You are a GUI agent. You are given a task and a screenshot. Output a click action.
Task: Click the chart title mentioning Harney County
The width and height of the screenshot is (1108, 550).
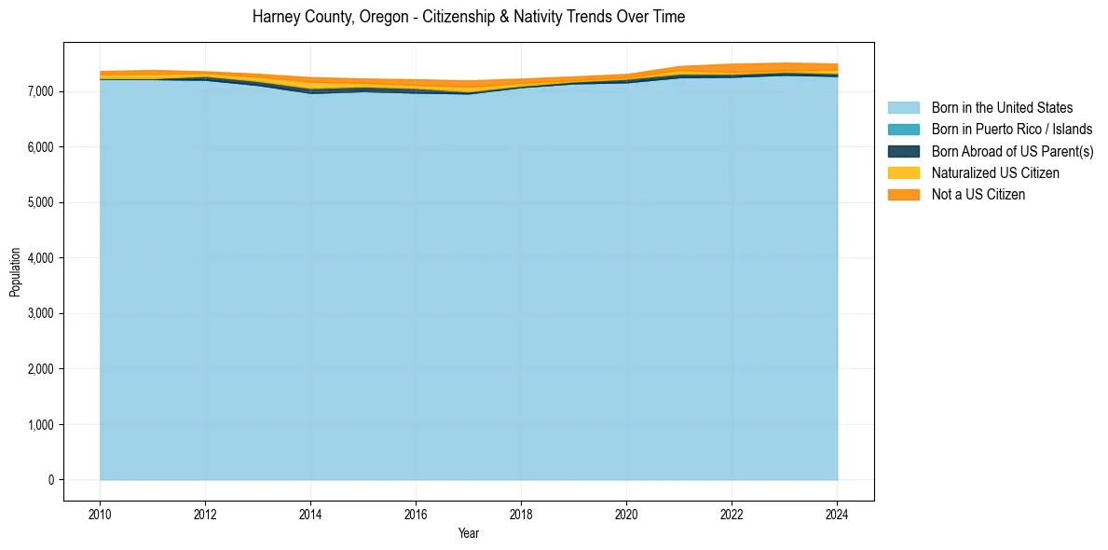point(469,18)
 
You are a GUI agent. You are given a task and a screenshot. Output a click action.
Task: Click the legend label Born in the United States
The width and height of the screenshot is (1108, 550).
point(1002,108)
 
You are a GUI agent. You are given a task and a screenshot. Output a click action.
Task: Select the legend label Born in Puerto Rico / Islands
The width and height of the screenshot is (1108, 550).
point(1012,130)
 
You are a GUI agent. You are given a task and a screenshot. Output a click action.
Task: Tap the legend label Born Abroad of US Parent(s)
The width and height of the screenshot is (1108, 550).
point(1012,151)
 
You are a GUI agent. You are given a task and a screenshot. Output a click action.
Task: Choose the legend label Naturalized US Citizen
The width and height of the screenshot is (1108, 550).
point(995,173)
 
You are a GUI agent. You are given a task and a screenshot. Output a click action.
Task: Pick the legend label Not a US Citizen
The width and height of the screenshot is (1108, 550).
point(978,195)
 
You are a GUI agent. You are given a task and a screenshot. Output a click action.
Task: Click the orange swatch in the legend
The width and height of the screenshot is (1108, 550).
point(903,195)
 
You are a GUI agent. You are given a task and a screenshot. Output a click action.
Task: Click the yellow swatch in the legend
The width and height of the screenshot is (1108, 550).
point(903,173)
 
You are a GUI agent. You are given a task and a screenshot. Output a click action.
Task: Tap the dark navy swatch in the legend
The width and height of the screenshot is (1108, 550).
point(903,151)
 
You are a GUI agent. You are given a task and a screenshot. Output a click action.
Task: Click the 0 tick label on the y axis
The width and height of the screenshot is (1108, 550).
point(51,480)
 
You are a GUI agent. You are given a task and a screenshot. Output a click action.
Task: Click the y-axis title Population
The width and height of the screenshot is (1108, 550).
point(15,271)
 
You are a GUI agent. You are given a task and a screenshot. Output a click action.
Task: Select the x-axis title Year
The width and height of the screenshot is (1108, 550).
point(469,533)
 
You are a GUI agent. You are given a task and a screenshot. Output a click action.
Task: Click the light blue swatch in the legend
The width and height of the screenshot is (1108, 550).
point(903,108)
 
